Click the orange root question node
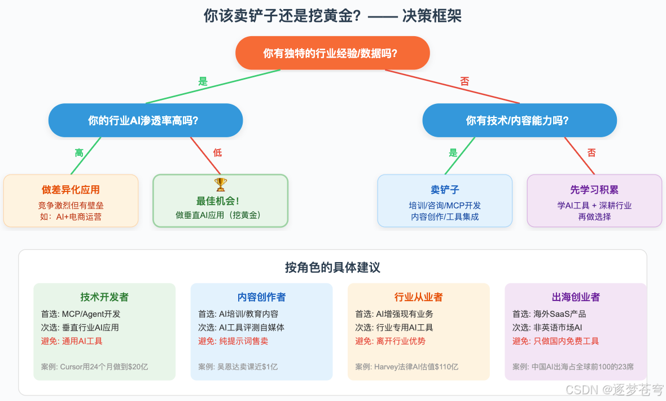[x=332, y=54]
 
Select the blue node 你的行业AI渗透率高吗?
[x=146, y=120]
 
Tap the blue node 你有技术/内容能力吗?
[x=519, y=120]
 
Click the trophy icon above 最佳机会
[x=220, y=184]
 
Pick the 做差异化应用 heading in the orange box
[x=71, y=190]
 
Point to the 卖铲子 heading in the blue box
[x=445, y=190]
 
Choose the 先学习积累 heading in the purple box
[x=594, y=190]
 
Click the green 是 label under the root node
[x=203, y=81]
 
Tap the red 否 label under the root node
[x=465, y=81]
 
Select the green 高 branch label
[x=80, y=152]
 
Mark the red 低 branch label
[x=218, y=152]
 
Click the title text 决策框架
[x=432, y=16]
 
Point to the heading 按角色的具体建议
[x=332, y=267]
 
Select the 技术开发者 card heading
[x=104, y=297]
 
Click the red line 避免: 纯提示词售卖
[x=233, y=341]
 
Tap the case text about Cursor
[x=95, y=367]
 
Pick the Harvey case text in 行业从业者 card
[x=406, y=367]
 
